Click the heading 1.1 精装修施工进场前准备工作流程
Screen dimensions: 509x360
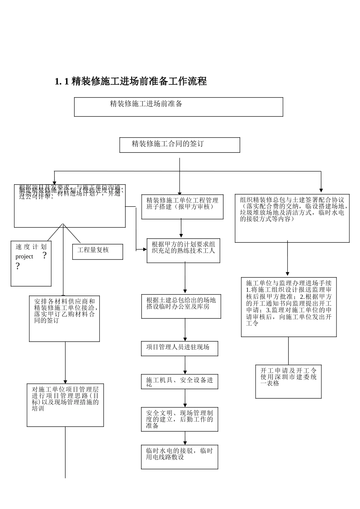[x=131, y=81]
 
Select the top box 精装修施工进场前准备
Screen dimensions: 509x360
[x=178, y=107]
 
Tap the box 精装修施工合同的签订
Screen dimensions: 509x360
[x=180, y=145]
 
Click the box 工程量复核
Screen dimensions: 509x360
[x=98, y=251]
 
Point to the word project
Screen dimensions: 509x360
[x=24, y=257]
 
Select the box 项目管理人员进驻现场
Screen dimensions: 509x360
[x=180, y=348]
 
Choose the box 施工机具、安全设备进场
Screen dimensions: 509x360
[x=180, y=381]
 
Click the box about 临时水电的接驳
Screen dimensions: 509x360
[x=180, y=457]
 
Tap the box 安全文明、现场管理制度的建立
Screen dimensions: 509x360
[x=180, y=419]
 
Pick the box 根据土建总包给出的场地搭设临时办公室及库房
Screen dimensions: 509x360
[x=181, y=306]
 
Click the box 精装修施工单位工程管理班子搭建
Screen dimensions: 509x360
[x=182, y=206]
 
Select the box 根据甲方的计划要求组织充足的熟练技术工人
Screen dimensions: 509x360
[x=183, y=250]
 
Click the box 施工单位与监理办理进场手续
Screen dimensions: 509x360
[x=289, y=307]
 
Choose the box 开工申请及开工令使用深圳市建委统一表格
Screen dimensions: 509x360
[x=288, y=381]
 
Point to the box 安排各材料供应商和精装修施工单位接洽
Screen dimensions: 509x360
[x=64, y=319]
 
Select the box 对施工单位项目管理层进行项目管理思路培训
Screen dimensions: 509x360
[x=65, y=405]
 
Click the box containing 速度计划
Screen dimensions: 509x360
[x=31, y=264]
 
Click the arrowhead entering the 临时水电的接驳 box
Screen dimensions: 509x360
[x=185, y=443]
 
